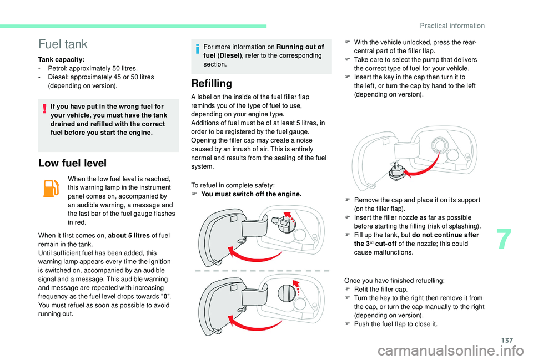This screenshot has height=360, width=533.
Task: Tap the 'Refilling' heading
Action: [x=211, y=84]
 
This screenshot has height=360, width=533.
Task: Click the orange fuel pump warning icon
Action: [x=50, y=189]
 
